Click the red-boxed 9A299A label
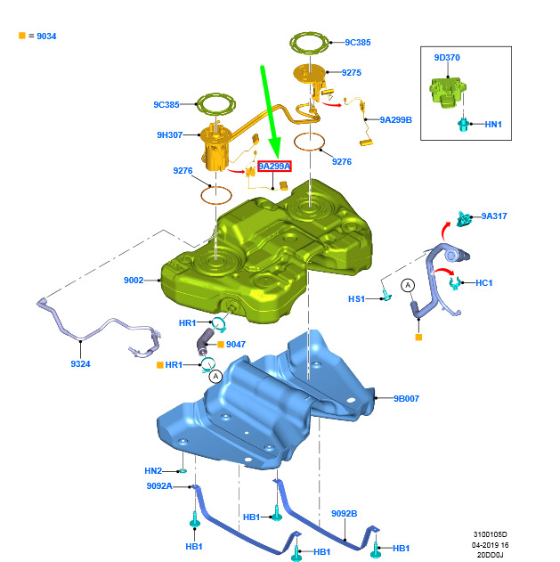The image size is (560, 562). (274, 167)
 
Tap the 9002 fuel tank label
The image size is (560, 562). (134, 281)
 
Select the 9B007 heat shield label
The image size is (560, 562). (406, 398)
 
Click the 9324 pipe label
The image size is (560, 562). (81, 364)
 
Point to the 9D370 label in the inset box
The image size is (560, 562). (447, 58)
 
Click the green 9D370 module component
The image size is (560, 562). (448, 92)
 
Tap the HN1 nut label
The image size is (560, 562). (493, 125)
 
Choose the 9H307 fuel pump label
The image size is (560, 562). (170, 135)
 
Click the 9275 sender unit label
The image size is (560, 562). (352, 73)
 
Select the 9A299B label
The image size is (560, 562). (396, 120)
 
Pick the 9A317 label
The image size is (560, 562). (494, 216)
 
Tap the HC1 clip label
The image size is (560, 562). (484, 283)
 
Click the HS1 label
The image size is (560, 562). (356, 299)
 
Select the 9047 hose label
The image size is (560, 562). (236, 345)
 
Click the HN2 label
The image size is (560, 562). (153, 471)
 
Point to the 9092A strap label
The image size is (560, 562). (159, 486)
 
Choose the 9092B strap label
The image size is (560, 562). (345, 514)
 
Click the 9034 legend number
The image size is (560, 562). (46, 37)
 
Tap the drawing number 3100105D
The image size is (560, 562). (491, 534)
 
